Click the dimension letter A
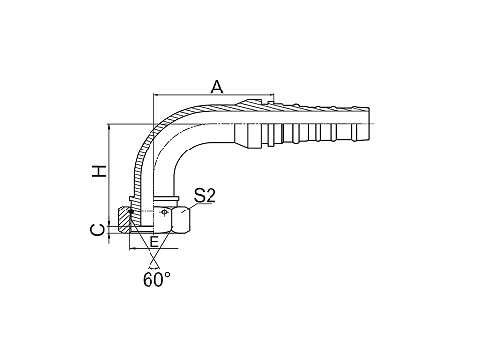pos(217,87)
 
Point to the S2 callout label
pos(205,197)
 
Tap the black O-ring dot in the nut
pos(131,210)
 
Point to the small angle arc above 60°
pos(153,259)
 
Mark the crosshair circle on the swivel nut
pos(162,212)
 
